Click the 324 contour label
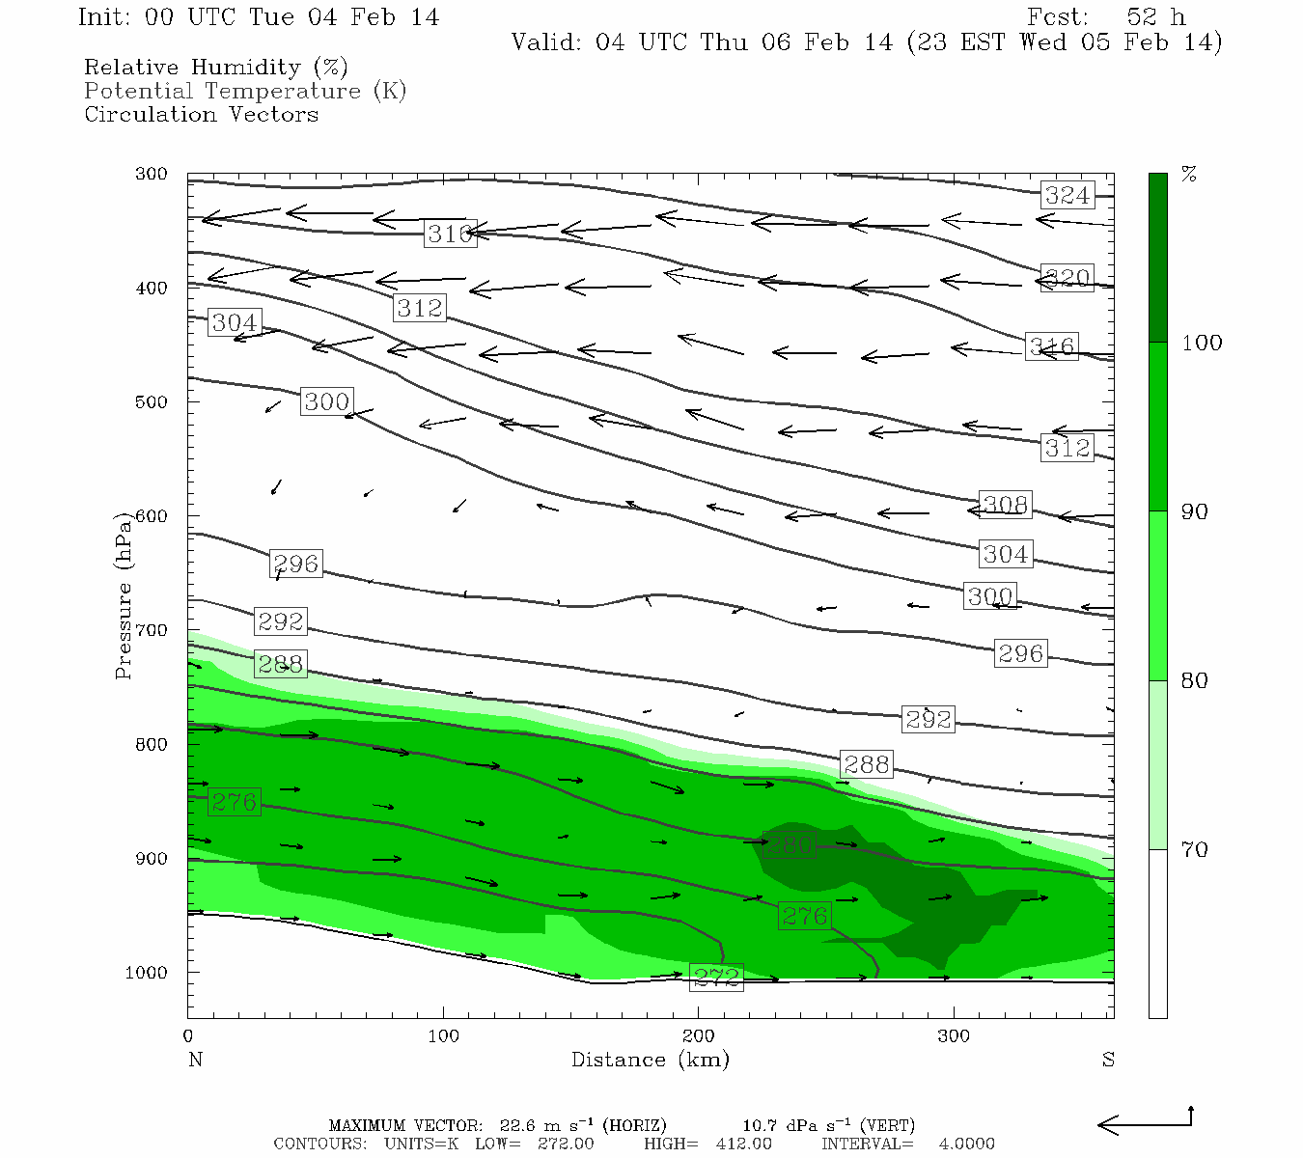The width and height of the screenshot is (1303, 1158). coord(1067,196)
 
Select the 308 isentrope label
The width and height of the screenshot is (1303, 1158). coord(1005,505)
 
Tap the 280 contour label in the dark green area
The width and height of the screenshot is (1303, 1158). coord(789,845)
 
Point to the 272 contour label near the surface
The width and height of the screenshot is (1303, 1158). coord(716,977)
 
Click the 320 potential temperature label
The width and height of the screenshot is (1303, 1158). coord(1067,279)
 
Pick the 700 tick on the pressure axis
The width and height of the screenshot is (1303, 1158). coord(152,630)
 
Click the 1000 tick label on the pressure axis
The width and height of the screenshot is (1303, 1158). coord(147,973)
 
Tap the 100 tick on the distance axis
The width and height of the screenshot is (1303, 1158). coord(444,1036)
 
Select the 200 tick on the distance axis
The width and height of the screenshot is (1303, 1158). coord(699,1036)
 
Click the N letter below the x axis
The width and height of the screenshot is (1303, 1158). coord(195,1060)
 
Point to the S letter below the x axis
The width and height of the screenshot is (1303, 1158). coord(1108,1060)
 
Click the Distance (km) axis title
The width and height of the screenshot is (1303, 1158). coord(650,1060)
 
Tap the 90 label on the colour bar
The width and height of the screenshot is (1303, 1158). coord(1195,511)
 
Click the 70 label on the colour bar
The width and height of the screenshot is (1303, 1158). coord(1195,850)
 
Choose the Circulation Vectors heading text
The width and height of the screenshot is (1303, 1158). coord(201,114)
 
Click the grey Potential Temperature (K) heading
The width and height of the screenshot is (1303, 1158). coord(245,91)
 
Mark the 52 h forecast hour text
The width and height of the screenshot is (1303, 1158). coord(1155,17)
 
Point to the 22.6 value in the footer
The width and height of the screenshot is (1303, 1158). coord(516,1125)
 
